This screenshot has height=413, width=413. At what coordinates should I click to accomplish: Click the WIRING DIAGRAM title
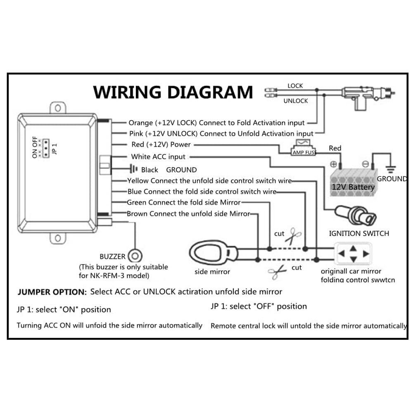point(173,92)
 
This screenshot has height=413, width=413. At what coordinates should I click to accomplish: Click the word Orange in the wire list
point(141,123)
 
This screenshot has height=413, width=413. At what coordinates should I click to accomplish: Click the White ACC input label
point(158,157)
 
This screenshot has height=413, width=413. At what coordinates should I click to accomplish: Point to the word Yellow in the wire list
point(138,180)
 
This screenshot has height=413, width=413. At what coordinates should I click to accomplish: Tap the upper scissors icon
point(294,237)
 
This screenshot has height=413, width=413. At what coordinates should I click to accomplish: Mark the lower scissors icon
point(277,271)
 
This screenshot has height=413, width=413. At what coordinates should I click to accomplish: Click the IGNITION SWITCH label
point(359,233)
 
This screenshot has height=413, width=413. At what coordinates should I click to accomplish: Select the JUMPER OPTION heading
point(52,292)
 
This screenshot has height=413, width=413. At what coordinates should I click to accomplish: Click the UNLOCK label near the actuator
point(295,101)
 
